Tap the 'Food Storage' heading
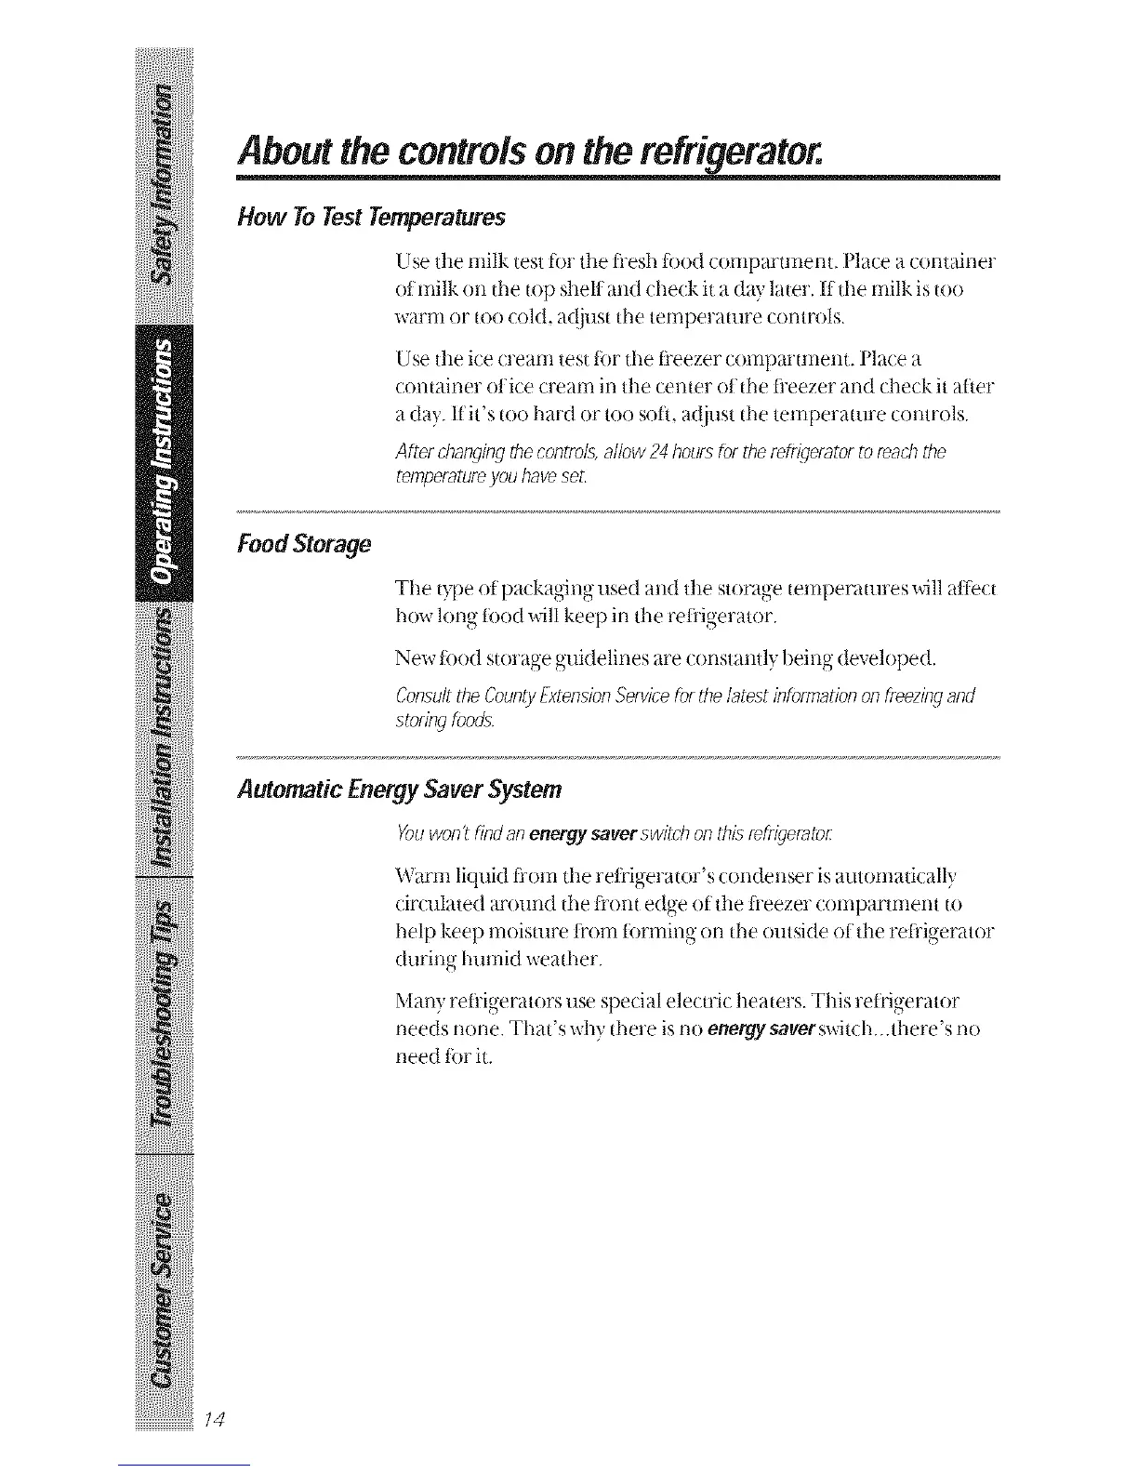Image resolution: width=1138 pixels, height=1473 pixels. [305, 543]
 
